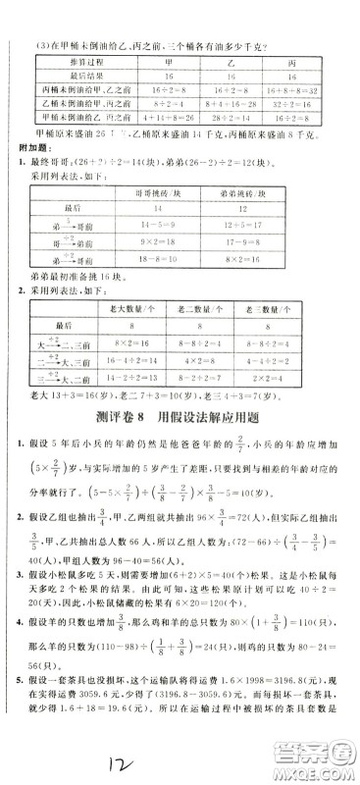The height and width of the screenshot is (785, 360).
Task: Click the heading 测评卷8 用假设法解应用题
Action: [x=182, y=416]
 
